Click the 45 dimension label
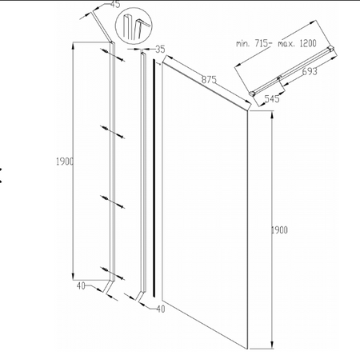115,5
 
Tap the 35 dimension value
160,50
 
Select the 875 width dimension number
209,79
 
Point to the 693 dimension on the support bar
310,71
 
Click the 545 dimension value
272,98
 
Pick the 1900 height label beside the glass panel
279,230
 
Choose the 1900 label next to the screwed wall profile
65,162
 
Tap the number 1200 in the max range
308,43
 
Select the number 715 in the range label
261,43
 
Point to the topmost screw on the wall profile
113,55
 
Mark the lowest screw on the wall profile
113,273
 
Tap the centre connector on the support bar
279,78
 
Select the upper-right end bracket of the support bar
331,49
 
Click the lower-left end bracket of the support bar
252,94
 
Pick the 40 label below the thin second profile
161,309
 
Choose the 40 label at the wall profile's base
81,286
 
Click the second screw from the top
113,132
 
